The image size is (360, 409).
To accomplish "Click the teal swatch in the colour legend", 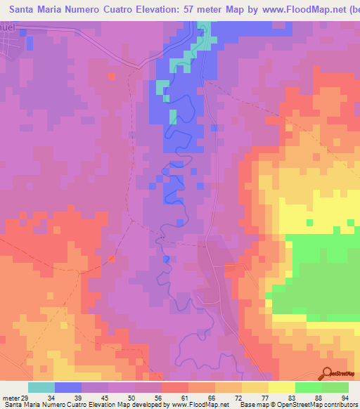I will point(41,387).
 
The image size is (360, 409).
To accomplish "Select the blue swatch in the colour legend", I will point(68,387).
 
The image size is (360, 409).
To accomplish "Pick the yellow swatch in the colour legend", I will point(282,387).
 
